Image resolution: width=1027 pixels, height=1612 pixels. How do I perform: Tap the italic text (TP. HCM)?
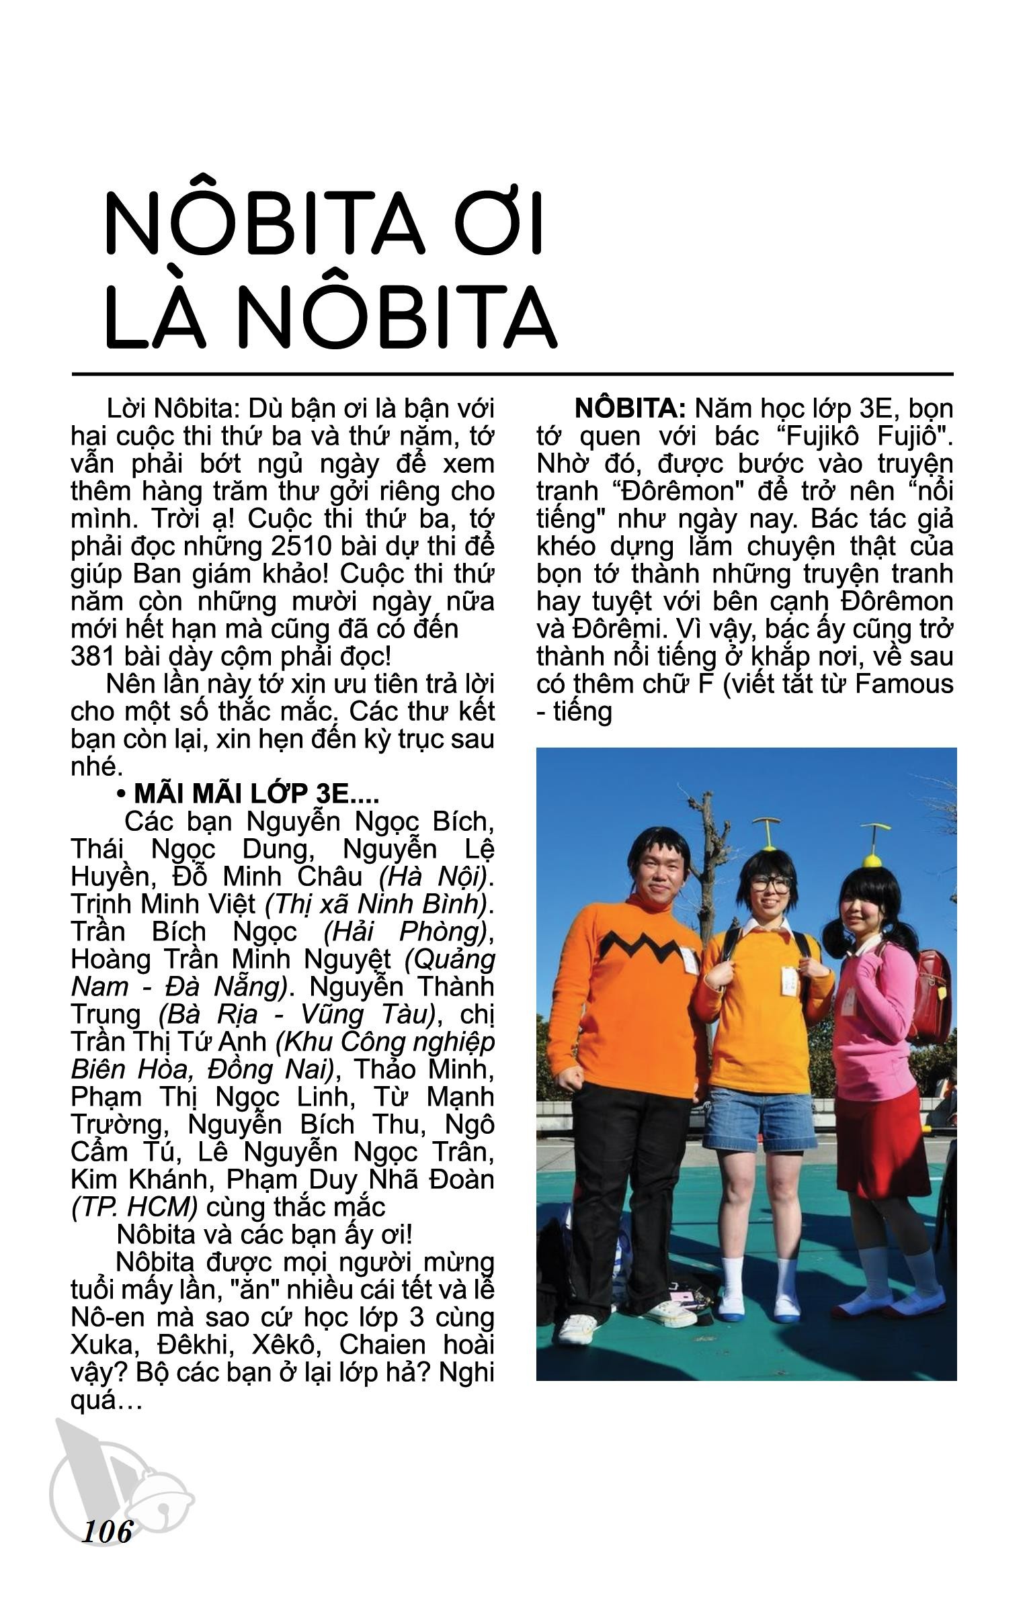(x=134, y=1207)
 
